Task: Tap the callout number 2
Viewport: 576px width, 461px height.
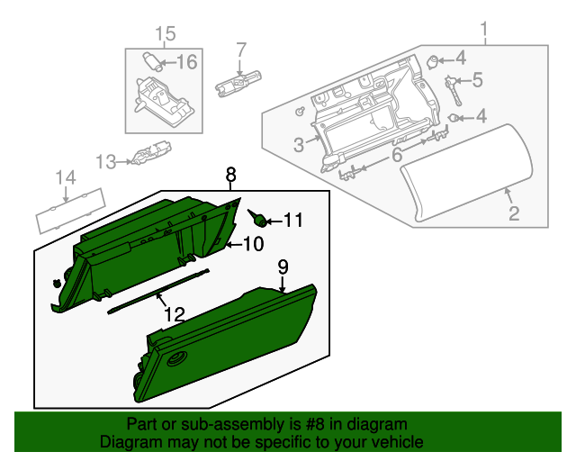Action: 514,213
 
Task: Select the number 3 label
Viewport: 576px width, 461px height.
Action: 299,145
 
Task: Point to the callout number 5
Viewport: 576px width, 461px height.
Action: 477,81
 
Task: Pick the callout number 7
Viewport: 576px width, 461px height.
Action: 241,49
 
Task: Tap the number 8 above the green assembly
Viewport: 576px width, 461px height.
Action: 230,173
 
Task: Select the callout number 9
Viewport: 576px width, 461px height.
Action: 283,267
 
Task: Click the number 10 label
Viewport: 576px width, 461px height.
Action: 253,243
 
